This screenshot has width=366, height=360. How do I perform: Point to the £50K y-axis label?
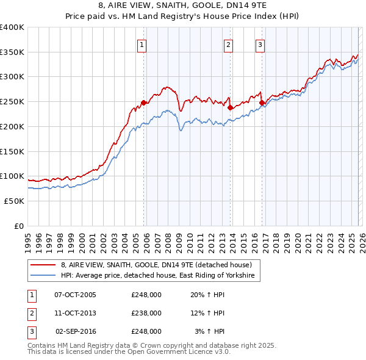pos(14,201)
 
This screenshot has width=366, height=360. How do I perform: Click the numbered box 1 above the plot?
pos(142,44)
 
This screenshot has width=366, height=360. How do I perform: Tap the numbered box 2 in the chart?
pos(228,44)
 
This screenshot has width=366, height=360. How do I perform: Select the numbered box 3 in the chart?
pos(260,44)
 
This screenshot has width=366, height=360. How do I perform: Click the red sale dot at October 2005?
pos(144,103)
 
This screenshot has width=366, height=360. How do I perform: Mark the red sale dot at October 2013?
pos(230,107)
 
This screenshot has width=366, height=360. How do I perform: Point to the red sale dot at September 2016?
pos(262,103)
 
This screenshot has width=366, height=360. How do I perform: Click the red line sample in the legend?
pos(44,265)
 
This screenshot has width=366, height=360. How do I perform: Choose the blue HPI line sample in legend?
pos(44,276)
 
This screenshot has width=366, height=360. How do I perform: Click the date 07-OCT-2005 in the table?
pos(75,295)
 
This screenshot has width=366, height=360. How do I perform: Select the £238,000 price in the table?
pos(146,313)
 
